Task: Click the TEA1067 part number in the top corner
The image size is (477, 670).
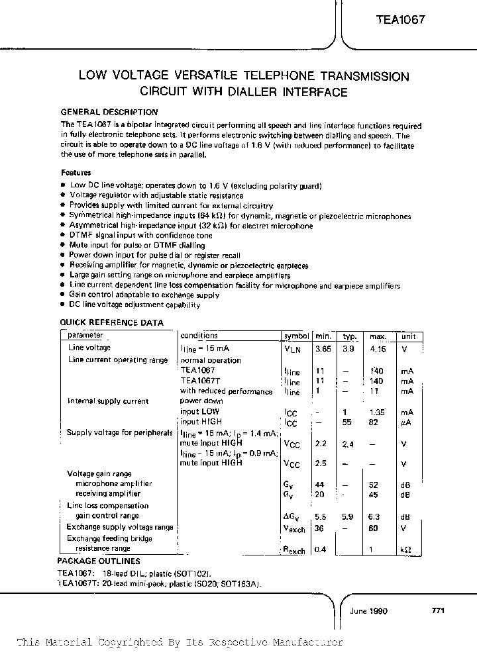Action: [x=397, y=20]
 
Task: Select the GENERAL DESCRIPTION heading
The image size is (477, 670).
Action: [x=109, y=112]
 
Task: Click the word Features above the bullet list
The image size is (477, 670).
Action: [x=76, y=172]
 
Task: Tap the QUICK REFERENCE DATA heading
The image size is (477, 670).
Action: [x=111, y=323]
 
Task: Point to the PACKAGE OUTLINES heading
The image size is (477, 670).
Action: [x=99, y=561]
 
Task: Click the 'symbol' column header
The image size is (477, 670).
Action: [x=295, y=336]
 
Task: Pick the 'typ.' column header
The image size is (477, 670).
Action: [x=350, y=336]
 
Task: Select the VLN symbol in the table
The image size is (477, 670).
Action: [x=292, y=349]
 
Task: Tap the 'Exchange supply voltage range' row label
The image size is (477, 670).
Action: [x=120, y=527]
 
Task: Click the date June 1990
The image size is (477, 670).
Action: [x=368, y=611]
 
